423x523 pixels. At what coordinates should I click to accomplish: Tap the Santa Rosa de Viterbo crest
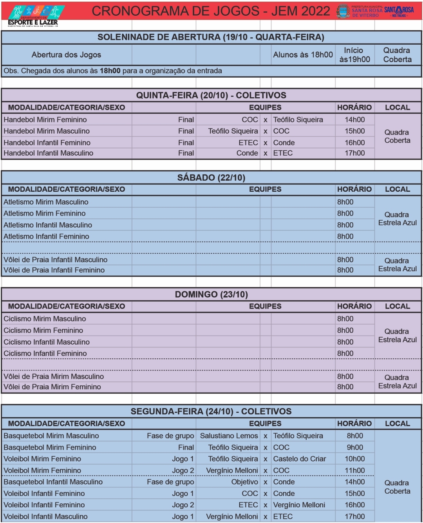tap(343, 11)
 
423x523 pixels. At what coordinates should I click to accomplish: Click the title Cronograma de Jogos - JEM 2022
tap(211, 11)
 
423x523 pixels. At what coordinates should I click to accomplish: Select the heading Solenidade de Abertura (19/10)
tap(211, 37)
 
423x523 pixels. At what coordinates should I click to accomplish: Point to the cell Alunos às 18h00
tap(303, 55)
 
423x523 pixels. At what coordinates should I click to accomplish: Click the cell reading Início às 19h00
tap(354, 55)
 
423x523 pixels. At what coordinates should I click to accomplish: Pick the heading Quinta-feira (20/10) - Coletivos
tap(211, 95)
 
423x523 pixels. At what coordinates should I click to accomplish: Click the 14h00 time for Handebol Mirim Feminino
tap(354, 120)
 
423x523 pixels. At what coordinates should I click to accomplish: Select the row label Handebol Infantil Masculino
tap(49, 153)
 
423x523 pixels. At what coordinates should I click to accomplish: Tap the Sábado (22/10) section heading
tap(211, 178)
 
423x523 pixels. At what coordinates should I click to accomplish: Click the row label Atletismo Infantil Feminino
tap(46, 236)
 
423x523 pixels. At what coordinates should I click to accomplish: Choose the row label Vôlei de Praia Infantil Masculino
tap(55, 260)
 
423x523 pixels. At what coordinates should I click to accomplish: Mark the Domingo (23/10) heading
tap(211, 294)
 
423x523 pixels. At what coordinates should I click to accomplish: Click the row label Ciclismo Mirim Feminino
tap(43, 330)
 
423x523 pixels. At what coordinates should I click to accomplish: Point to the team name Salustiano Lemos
tap(229, 436)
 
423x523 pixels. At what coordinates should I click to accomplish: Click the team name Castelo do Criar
tap(300, 459)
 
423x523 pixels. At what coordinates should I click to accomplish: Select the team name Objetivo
tap(245, 482)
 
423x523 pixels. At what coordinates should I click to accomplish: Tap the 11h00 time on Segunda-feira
tap(354, 470)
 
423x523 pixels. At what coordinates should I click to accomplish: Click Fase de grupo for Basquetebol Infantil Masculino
tap(170, 482)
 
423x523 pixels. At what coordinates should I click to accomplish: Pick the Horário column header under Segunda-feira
tap(354, 423)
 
